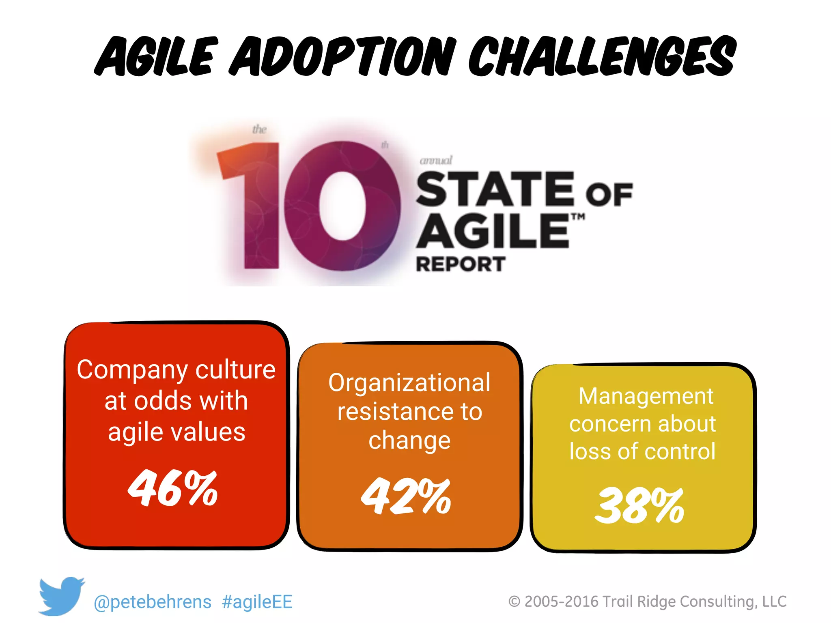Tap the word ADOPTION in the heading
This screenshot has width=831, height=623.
pos(343,57)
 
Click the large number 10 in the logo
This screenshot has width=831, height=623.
pos(308,205)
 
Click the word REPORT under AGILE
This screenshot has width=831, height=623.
pos(461,264)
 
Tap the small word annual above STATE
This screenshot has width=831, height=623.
pos(436,161)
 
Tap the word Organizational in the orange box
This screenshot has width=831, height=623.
pos(409,382)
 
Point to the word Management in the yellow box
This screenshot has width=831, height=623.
pos(646,396)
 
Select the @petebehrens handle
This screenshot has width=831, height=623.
pos(153,602)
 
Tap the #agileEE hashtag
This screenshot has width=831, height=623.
pos(257,602)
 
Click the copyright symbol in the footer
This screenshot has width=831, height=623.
pos(515,602)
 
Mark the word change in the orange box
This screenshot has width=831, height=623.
pos(409,441)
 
